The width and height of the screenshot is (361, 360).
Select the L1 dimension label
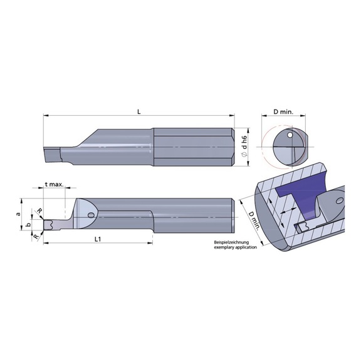(x=98, y=239)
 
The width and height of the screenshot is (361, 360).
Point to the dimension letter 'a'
(x=18, y=213)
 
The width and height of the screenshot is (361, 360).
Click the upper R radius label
(x=39, y=211)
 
